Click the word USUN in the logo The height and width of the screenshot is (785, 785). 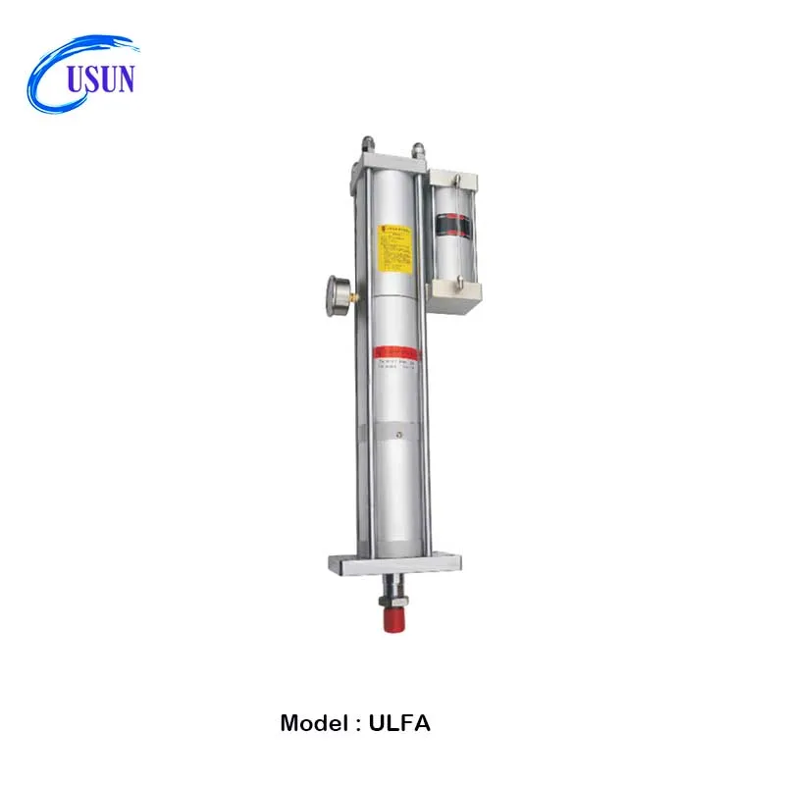pyautogui.click(x=100, y=78)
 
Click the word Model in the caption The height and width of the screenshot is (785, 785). pyautogui.click(x=313, y=724)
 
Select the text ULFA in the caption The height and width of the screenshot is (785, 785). pyautogui.click(x=400, y=724)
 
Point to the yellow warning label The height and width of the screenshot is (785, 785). pyautogui.click(x=393, y=245)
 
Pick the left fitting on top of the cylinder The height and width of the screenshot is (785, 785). pyautogui.click(x=367, y=145)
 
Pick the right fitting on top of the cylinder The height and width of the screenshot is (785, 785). pyautogui.click(x=419, y=149)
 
